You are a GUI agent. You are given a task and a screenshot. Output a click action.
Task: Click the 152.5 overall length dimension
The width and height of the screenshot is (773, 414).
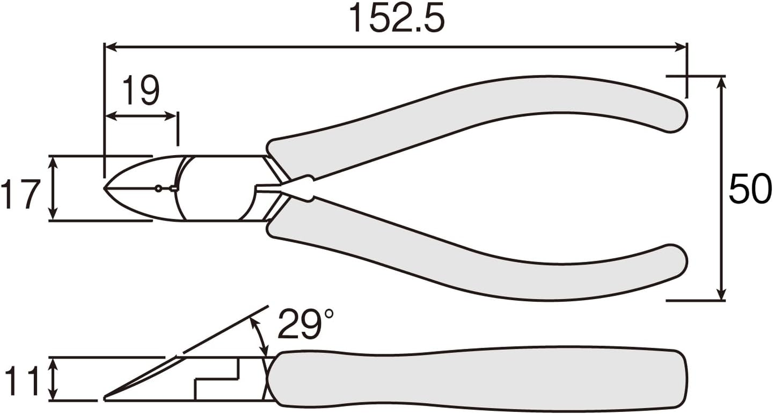click(x=396, y=18)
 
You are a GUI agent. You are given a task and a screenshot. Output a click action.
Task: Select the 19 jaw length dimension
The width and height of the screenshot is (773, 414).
click(x=141, y=90)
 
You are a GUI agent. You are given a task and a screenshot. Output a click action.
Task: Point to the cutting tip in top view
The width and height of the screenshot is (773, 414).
click(x=106, y=188)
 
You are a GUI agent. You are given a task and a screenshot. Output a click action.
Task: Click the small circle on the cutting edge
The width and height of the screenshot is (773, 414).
click(x=158, y=189)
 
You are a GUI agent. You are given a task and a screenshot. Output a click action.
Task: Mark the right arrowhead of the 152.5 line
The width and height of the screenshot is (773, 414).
click(x=682, y=47)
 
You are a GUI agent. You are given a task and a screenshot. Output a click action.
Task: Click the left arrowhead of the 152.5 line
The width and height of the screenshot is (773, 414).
click(x=110, y=47)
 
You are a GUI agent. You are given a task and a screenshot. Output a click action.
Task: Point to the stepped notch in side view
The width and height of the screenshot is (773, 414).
click(x=217, y=379)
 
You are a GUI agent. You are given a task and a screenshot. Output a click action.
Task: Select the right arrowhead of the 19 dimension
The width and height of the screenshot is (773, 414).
click(x=173, y=116)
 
